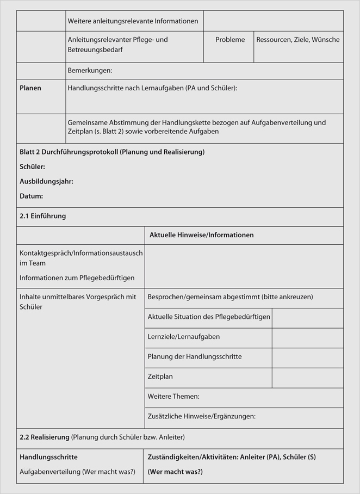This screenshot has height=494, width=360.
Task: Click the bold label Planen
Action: (30, 88)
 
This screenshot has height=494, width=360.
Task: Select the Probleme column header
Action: (230, 40)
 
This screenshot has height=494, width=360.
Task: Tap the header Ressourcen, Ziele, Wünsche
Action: (297, 40)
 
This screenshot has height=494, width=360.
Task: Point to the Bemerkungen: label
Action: (90, 71)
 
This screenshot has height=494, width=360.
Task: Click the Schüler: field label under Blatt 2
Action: (32, 166)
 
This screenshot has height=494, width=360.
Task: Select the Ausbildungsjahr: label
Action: (46, 181)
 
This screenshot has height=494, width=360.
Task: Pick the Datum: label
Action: (31, 196)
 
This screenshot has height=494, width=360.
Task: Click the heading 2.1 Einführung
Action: (42, 216)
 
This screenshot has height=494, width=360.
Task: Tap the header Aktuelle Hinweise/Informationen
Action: (201, 235)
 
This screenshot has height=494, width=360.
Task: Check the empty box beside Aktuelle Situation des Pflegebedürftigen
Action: (307, 318)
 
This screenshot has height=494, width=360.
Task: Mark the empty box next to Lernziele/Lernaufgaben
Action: (307, 338)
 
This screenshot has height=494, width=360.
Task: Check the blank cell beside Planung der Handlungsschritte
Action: (307, 357)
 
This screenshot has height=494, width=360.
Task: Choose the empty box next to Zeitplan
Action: (307, 378)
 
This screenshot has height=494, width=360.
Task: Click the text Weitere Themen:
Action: (173, 397)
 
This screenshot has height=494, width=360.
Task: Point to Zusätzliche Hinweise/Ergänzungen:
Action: (201, 416)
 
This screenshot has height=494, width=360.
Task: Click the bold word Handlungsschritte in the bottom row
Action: (48, 457)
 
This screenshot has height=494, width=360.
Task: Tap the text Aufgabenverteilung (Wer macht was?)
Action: (77, 472)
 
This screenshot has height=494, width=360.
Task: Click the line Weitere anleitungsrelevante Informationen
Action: (133, 21)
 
